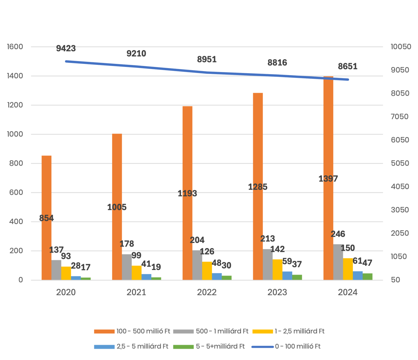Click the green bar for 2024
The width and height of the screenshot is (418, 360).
point(368,276)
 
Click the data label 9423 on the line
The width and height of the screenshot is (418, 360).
point(66,48)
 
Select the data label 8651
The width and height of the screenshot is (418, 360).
point(347,66)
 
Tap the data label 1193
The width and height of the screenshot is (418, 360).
point(187,193)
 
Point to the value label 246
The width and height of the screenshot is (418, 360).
point(338,234)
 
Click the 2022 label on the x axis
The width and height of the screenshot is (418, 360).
point(207,292)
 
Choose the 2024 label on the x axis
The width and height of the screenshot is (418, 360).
point(347,292)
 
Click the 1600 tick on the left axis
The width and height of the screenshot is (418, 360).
point(15,47)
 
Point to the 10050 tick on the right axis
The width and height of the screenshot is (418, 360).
point(401,47)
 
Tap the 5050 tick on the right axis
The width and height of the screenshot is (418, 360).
point(399,163)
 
